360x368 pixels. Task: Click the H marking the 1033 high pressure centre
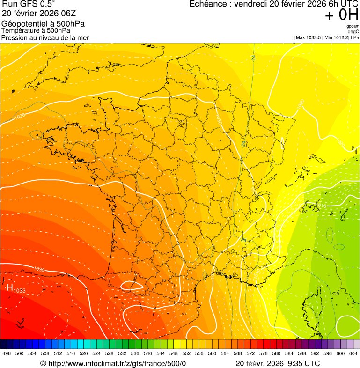tap(9, 287)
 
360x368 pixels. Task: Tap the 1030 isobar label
tap(39, 269)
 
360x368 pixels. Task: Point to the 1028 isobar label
tap(20, 116)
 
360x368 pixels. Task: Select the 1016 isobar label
tap(321, 206)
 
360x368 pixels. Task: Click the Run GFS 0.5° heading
tap(28, 4)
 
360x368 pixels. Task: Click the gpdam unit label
tap(353, 26)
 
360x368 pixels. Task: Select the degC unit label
tap(353, 32)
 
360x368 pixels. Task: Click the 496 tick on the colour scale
tap(7, 353)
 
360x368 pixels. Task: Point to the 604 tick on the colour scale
tap(353, 353)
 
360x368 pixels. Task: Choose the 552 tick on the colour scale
tap(186, 353)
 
